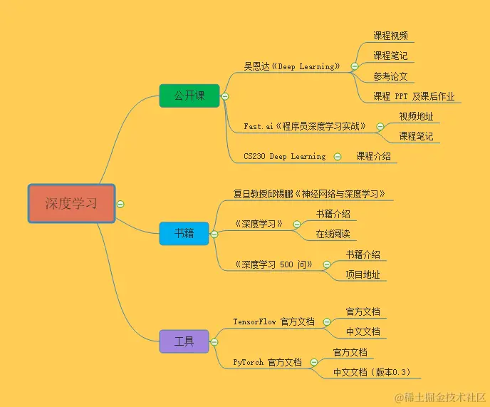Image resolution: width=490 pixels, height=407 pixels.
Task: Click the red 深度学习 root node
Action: pos(71,203)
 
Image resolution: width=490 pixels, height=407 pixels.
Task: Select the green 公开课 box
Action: pos(189,96)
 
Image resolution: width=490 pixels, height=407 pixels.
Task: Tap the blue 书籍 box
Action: pos(184,233)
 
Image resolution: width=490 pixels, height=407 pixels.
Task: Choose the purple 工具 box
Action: pos(184,341)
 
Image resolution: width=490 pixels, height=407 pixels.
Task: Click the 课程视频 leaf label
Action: pos(390,36)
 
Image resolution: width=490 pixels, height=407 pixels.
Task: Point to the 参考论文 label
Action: pos(390,76)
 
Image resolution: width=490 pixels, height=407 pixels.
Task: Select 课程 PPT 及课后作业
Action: pos(414,96)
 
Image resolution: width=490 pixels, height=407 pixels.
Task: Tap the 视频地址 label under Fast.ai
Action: pos(416,116)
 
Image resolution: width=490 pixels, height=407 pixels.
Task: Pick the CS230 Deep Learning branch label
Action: pos(284,156)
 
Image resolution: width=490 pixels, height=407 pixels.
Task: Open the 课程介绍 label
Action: pos(373,156)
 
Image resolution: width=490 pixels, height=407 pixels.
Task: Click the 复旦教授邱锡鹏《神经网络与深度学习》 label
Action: pos(310,194)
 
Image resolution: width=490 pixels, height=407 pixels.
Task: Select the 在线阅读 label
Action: pos(333,234)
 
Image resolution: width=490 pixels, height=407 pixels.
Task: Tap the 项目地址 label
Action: pos(363,274)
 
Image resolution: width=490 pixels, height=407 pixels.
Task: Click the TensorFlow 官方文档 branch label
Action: pos(273,321)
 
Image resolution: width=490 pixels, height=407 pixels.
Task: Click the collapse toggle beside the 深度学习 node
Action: pos(120,204)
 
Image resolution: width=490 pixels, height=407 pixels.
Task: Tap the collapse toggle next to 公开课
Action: pos(225,96)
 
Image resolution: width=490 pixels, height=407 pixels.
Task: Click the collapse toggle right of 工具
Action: pos(214,342)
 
